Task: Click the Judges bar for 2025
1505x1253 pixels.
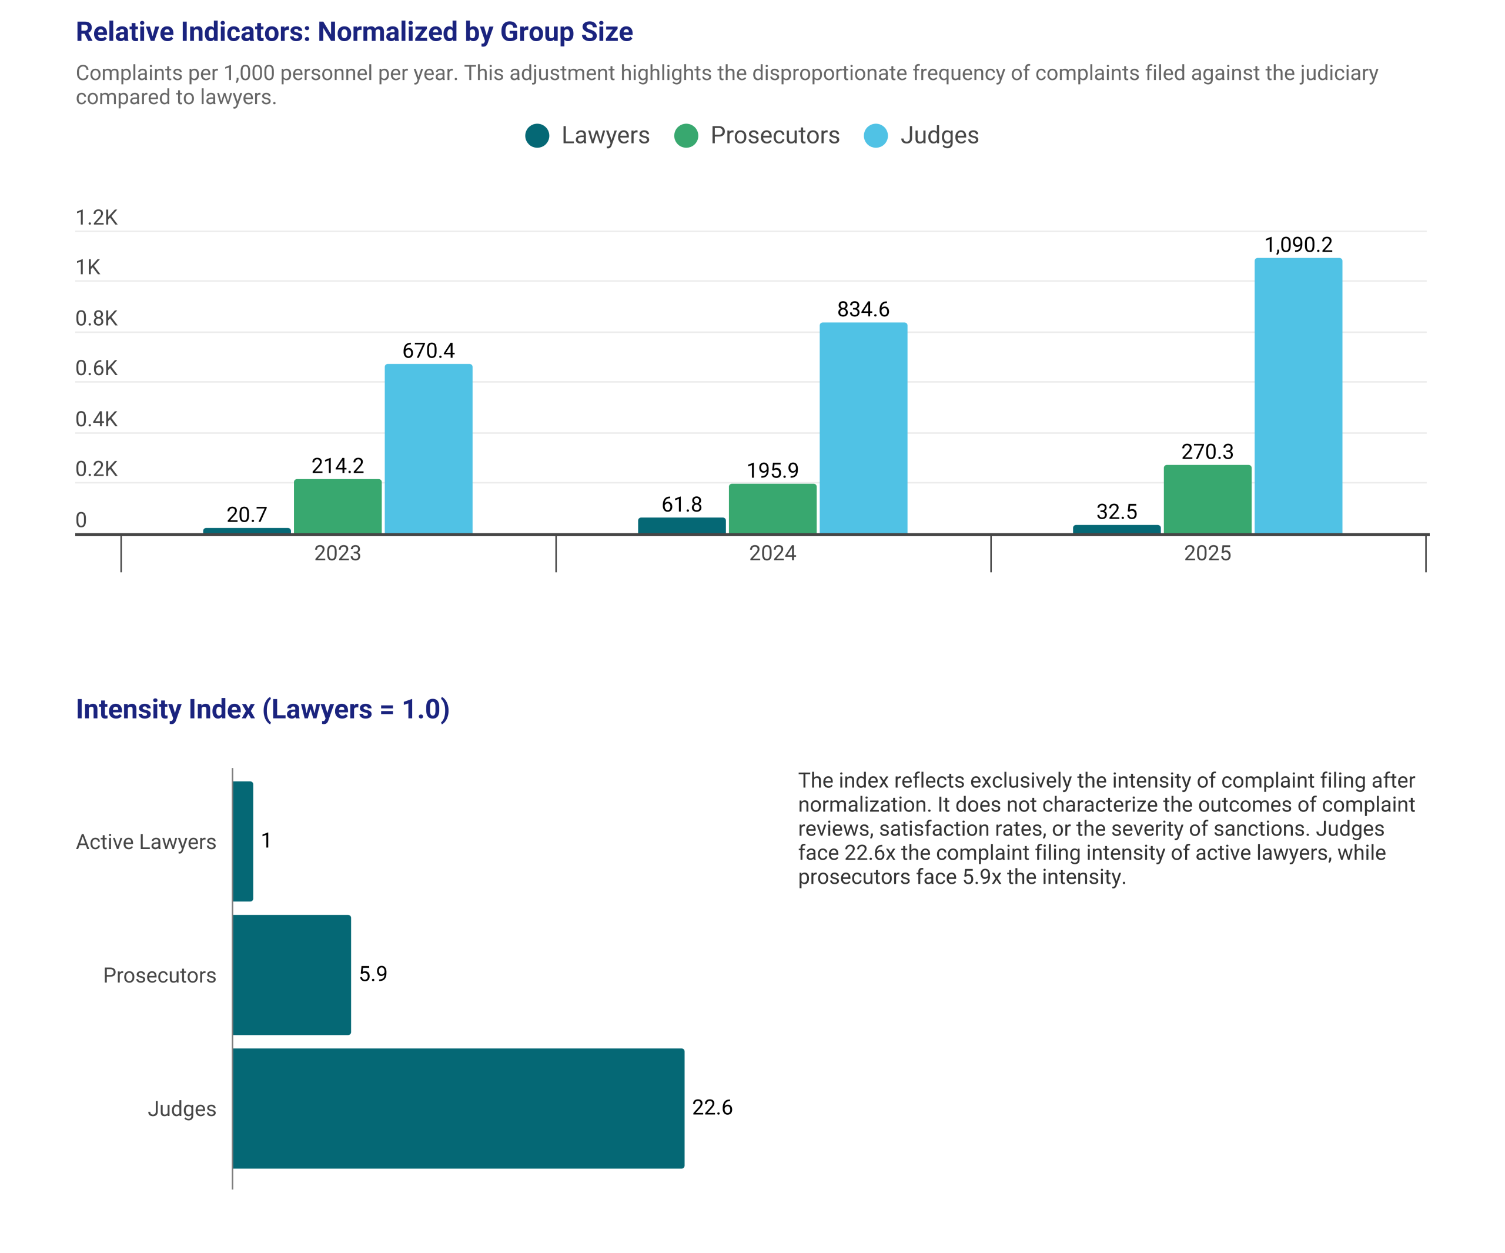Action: [1298, 396]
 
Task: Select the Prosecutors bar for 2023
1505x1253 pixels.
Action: [337, 507]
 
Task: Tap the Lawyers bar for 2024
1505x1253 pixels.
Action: [681, 526]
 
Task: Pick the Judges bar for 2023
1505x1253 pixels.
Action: [429, 449]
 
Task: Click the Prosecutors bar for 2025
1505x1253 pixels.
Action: [1208, 500]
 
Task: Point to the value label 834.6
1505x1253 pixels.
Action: [864, 309]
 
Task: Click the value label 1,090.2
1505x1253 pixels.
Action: [1298, 245]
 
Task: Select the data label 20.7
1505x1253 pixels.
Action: [248, 514]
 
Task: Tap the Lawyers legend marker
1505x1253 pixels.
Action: [537, 135]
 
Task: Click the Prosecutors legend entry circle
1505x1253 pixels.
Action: [687, 135]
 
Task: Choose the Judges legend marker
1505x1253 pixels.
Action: [876, 135]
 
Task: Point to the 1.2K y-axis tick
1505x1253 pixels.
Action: [97, 217]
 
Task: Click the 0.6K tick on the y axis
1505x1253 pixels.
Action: [97, 369]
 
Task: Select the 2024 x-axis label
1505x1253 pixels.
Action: [772, 553]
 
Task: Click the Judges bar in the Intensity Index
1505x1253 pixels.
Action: [459, 1108]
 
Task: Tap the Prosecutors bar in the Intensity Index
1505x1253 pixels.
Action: [292, 975]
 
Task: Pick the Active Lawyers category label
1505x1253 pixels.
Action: [146, 842]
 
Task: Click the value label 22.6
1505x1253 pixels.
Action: [713, 1108]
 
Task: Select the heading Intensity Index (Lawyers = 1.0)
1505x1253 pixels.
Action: [263, 709]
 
